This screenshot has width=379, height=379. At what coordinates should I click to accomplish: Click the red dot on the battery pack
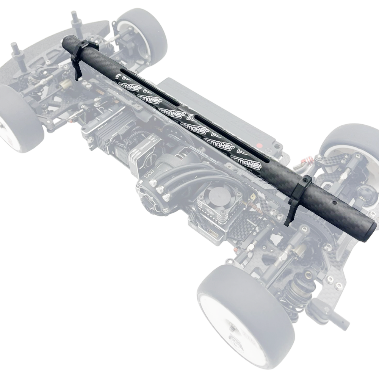tap(259, 145)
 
